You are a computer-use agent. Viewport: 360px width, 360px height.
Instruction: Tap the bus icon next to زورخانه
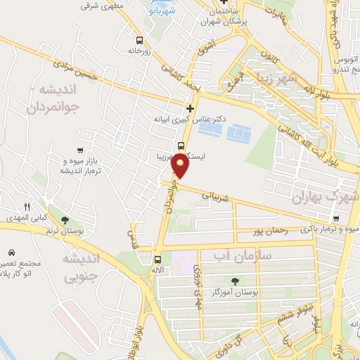139,40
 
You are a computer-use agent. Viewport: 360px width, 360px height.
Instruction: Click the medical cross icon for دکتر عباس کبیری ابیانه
190,108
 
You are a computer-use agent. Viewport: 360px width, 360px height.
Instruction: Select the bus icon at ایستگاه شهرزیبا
181,147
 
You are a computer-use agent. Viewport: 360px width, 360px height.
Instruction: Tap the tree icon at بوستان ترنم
65,219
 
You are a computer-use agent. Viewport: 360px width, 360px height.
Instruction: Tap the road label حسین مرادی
77,67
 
